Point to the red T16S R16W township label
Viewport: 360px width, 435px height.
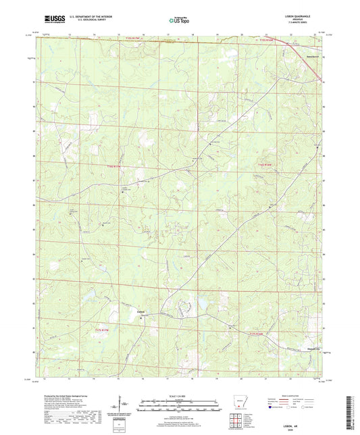point(263,164)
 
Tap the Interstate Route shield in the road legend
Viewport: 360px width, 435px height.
point(275,408)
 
